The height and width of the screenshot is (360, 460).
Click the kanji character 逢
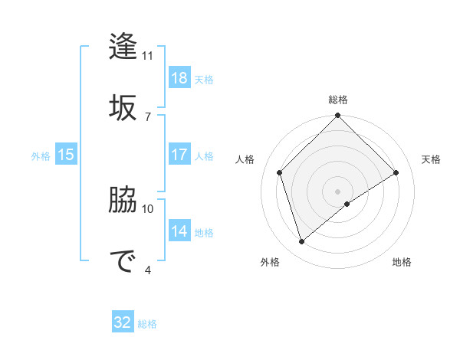[x=123, y=47]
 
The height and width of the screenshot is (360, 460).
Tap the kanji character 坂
[x=123, y=106]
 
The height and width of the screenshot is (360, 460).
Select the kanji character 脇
[x=123, y=200]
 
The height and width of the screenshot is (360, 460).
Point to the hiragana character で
[x=123, y=260]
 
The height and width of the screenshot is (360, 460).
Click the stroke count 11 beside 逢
[x=148, y=56]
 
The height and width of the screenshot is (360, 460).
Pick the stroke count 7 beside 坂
[x=147, y=116]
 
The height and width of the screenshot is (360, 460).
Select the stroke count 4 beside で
[x=147, y=269]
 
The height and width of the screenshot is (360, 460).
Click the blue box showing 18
[x=179, y=78]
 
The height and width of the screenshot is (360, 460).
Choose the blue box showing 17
[x=179, y=155]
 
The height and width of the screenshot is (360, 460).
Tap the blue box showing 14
[x=179, y=232]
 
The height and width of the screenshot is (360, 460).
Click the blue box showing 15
[x=66, y=155]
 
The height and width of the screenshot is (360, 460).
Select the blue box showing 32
[x=123, y=322]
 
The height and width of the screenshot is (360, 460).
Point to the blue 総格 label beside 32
[x=147, y=324]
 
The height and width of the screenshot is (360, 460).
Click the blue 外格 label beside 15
[x=41, y=156]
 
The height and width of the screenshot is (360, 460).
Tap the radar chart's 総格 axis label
[x=338, y=100]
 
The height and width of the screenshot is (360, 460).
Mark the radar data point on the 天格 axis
[x=396, y=172]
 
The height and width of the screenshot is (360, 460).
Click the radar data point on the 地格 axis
[x=347, y=204]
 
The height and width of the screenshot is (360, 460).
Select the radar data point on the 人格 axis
[x=280, y=172]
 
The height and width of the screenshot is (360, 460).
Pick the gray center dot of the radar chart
[x=338, y=191]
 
